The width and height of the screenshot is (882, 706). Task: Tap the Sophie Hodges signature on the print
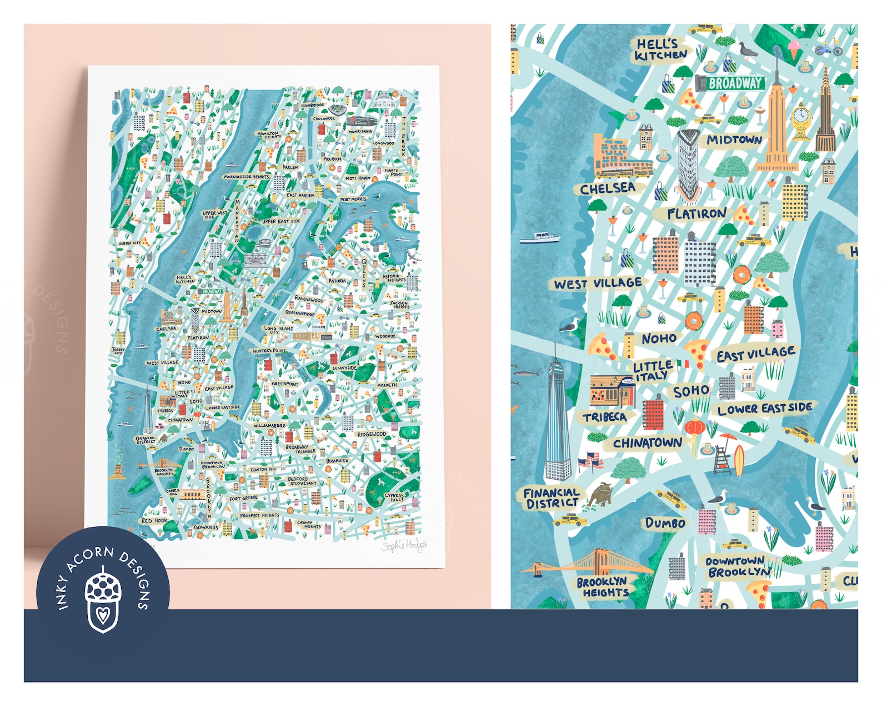click(404, 546)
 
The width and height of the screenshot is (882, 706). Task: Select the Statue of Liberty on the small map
click(117, 460)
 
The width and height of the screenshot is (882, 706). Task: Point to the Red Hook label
click(154, 521)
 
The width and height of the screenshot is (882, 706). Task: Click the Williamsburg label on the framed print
click(269, 426)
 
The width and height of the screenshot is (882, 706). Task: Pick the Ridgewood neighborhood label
click(372, 434)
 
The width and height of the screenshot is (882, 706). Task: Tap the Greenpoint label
click(285, 384)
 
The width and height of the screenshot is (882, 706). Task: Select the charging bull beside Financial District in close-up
click(600, 493)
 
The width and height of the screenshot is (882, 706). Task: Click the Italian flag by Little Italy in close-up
click(683, 365)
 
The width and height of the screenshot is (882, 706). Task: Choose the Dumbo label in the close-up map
click(665, 523)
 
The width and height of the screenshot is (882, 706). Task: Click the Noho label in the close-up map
click(659, 339)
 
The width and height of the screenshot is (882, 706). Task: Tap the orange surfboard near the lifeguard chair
click(739, 460)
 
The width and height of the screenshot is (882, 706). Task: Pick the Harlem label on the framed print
click(290, 167)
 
